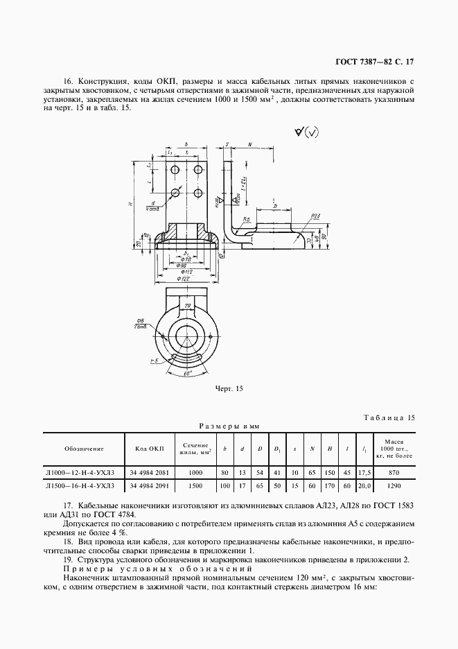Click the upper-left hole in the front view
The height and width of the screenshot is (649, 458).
pyautogui.click(x=175, y=169)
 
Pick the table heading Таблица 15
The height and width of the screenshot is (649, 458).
pyautogui.click(x=389, y=417)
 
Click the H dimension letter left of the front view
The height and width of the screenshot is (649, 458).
pyautogui.click(x=130, y=205)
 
